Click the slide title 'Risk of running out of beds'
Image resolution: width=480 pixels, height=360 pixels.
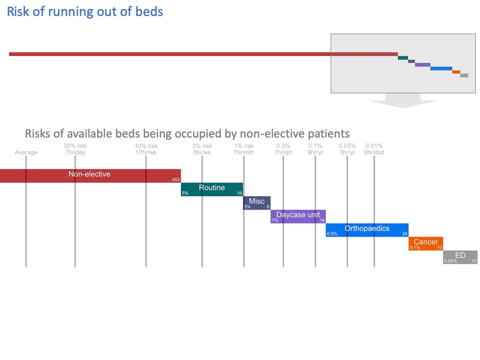pos(85,11)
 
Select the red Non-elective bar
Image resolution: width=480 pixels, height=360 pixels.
pos(90,175)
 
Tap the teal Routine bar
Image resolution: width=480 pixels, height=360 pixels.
pos(212,189)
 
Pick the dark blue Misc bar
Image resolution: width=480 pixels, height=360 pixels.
pos(257,203)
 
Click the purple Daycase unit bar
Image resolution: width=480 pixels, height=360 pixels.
pos(298,216)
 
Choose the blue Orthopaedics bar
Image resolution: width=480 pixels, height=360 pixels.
pos(367,230)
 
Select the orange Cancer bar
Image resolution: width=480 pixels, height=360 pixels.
pos(426,243)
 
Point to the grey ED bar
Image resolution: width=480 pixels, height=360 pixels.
pos(460,257)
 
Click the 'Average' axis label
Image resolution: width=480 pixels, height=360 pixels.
pos(26,153)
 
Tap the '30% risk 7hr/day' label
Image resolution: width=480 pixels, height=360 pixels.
pos(75,149)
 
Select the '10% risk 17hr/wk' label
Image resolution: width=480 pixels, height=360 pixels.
pos(146,149)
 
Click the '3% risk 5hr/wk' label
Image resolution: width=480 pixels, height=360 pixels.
pos(202,149)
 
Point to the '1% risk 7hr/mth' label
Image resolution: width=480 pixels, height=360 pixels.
pos(244,149)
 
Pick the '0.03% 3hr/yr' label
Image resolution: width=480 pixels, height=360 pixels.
pos(347,149)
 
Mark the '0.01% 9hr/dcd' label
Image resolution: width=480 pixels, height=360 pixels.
pos(374,149)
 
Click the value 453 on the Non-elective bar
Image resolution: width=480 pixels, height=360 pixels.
pos(175,180)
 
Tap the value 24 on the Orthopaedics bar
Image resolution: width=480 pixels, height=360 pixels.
pos(405,234)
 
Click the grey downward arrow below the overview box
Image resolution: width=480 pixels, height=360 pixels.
pos(403,101)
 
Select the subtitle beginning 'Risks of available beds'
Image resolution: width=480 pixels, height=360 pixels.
pos(187,133)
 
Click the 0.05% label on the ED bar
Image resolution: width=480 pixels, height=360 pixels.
pos(450,261)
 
